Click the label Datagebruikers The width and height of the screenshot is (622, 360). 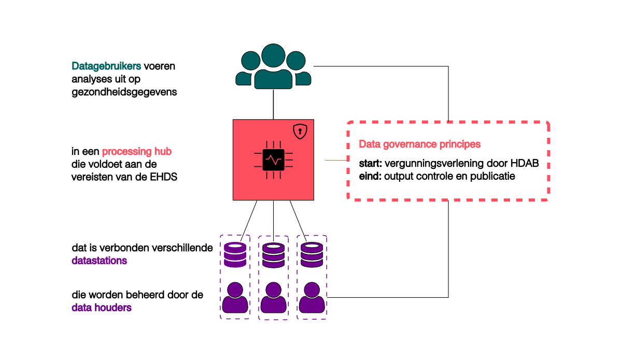[106, 66]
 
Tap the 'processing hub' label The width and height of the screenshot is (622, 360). [136, 152]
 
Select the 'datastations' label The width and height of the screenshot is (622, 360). [99, 261]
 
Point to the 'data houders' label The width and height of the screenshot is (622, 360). [102, 308]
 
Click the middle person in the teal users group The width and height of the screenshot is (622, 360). [273, 67]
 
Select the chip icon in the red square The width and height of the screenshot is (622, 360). [273, 160]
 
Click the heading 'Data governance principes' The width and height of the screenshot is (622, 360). [420, 144]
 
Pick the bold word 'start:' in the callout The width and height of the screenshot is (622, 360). [371, 164]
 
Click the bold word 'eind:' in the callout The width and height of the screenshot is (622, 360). [370, 176]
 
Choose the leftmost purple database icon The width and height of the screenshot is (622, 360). [235, 255]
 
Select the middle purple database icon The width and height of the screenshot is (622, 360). [273, 255]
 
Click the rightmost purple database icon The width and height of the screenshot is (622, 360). [311, 255]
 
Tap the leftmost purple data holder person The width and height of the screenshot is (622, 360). [235, 298]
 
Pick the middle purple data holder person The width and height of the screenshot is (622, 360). [273, 298]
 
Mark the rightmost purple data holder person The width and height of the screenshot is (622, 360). [312, 298]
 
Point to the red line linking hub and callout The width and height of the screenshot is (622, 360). [335, 161]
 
